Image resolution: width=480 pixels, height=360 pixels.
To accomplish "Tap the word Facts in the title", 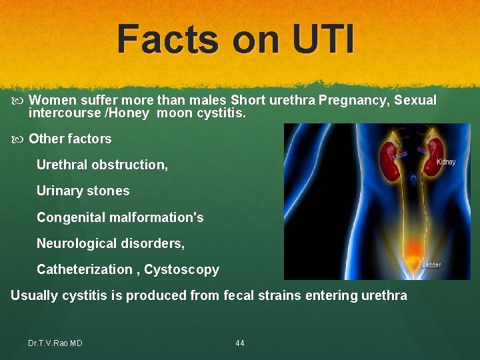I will click(167, 39).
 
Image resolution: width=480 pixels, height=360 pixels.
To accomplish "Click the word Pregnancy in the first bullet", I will click(353, 101).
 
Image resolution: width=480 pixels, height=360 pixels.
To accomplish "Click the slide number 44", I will click(240, 343).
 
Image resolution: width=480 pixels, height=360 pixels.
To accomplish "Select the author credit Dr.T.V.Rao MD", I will click(55, 343).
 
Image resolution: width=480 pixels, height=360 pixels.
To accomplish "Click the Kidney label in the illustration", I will click(446, 162).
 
